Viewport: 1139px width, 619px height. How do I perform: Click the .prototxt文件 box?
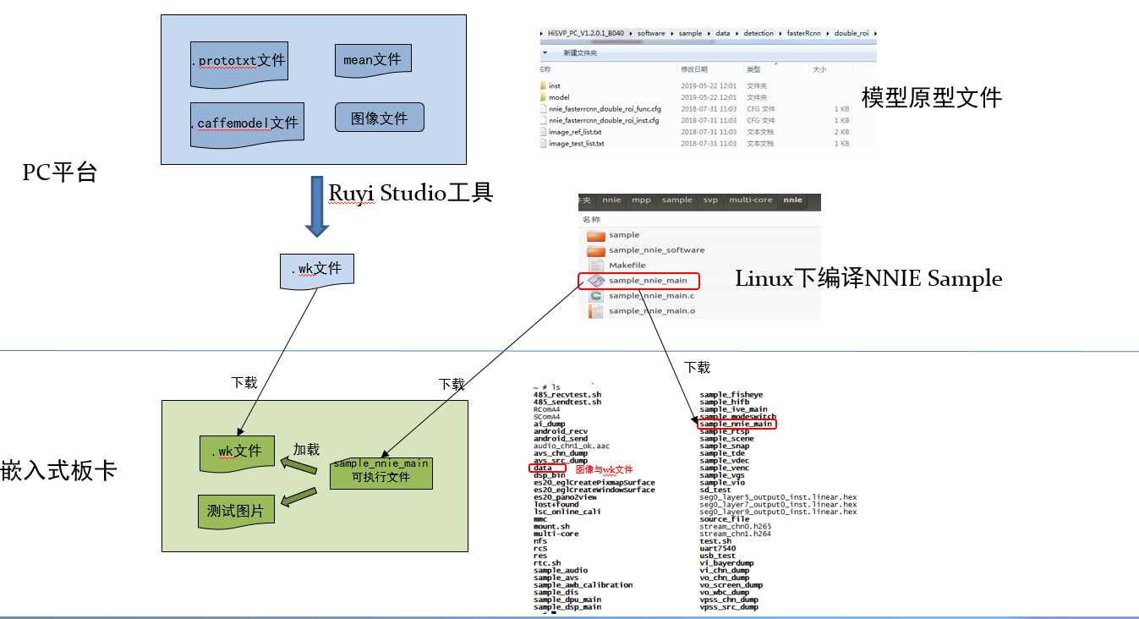[238, 63]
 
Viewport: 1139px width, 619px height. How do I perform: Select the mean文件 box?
[372, 60]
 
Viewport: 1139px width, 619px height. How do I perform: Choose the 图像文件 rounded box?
[379, 118]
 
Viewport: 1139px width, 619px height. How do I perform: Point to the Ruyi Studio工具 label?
[410, 193]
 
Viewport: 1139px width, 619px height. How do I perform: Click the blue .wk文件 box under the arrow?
[316, 270]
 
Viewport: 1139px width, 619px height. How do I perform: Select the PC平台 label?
[60, 173]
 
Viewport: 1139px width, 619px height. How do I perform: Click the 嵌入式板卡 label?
[58, 471]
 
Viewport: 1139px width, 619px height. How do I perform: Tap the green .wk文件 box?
[237, 452]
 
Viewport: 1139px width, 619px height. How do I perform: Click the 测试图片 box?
[235, 511]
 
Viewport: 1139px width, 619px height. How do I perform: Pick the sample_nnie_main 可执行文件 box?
[381, 471]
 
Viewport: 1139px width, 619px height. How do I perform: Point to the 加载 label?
[305, 450]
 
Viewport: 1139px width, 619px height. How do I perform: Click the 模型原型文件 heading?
[931, 98]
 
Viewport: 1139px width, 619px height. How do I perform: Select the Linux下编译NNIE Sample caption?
[868, 278]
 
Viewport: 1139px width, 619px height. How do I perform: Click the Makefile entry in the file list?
[627, 266]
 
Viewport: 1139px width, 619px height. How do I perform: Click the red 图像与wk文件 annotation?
[604, 469]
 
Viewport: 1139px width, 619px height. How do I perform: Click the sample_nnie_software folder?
[656, 250]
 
